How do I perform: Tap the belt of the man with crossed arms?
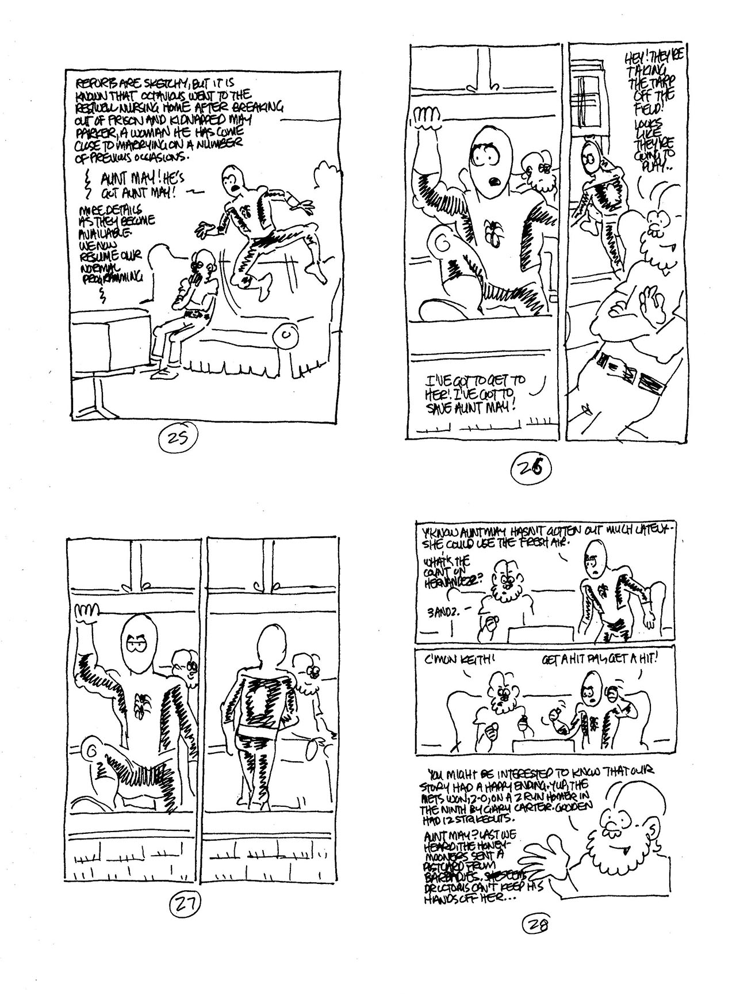coord(623,371)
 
